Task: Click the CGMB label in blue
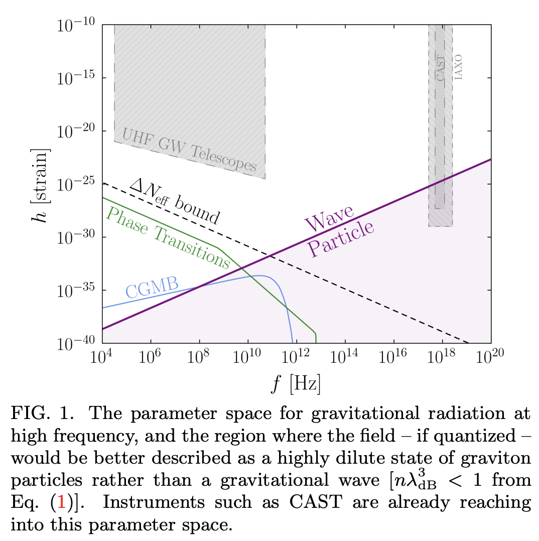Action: tap(152, 288)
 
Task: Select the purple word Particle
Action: tap(341, 238)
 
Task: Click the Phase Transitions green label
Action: tap(169, 237)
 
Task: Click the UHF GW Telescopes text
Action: tap(190, 149)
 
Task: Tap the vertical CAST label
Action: tap(440, 68)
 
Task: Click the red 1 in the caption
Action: tap(61, 503)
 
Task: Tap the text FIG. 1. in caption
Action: tap(36, 414)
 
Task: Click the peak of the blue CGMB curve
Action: tap(259, 275)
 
